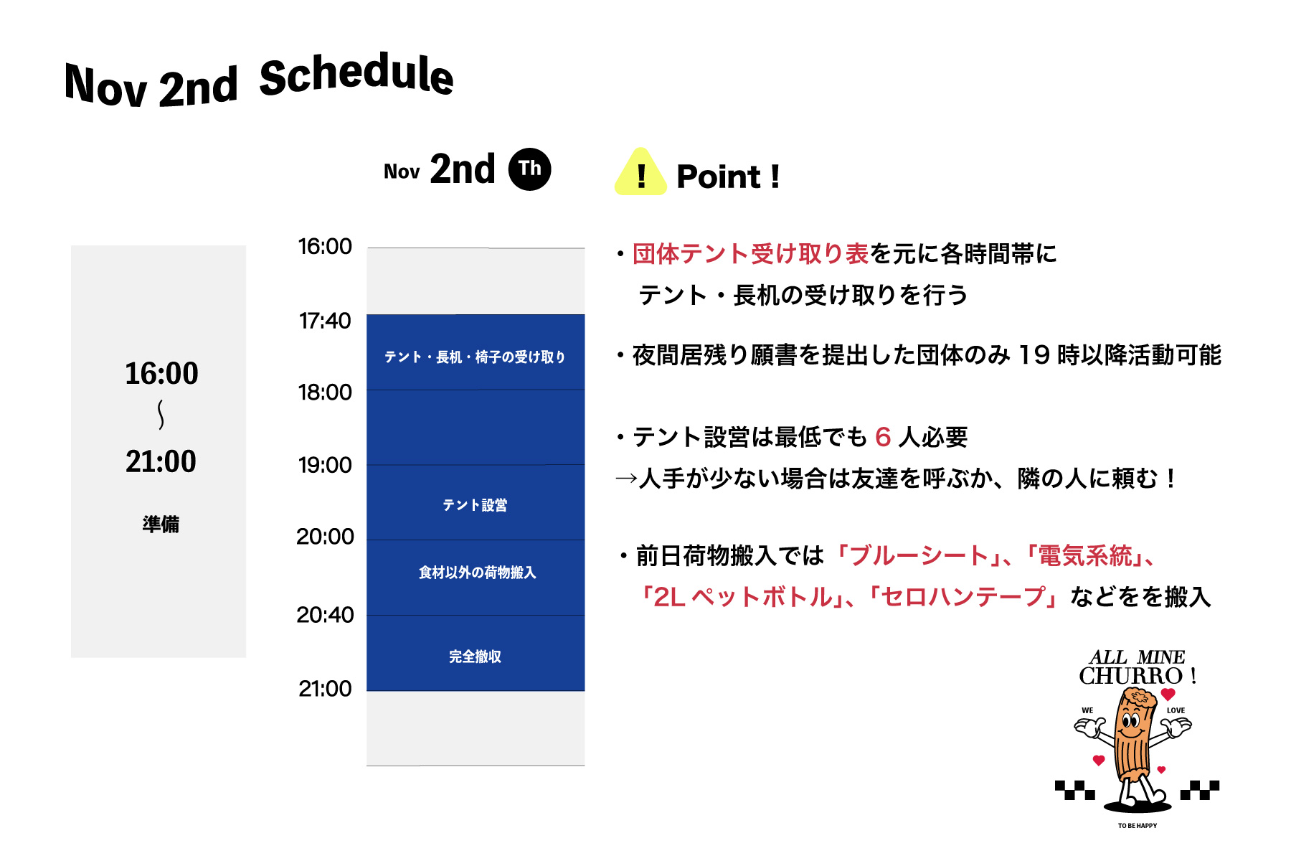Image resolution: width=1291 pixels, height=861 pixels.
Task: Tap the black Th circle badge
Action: point(529,169)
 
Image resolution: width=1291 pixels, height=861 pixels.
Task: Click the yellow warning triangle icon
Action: point(640,172)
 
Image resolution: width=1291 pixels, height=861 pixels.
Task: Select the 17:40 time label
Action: point(325,321)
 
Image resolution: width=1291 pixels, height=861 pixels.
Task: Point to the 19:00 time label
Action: point(325,466)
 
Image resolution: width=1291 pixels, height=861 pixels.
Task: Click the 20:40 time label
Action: point(325,615)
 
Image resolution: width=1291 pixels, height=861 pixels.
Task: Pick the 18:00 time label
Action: point(325,392)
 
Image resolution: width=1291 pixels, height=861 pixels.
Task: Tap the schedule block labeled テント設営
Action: point(476,502)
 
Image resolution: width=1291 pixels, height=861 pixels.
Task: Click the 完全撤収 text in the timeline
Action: point(475,657)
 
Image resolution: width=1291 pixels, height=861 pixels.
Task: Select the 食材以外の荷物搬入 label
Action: point(477,573)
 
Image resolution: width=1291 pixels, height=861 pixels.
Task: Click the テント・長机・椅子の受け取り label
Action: point(475,357)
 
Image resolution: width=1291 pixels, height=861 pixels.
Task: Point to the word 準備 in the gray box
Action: point(161,524)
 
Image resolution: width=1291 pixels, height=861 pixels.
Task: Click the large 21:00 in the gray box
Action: point(161,461)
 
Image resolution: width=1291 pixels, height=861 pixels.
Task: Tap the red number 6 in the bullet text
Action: point(883,437)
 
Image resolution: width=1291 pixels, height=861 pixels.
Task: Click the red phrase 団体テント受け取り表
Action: point(751,254)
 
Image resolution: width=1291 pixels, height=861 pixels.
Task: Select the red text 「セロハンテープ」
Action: point(965,597)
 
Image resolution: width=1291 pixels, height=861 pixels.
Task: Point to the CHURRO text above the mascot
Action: point(1130,676)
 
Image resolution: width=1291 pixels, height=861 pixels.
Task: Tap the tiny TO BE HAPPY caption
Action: point(1138,826)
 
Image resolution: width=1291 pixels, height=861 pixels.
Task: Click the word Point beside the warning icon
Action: point(719,177)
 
